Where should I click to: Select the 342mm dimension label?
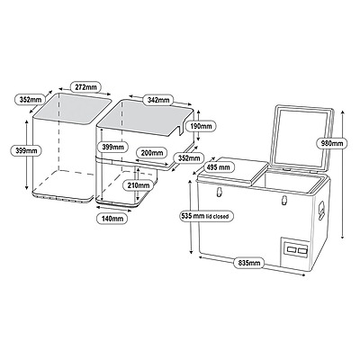[x=159, y=98]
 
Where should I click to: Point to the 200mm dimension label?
[x=151, y=154]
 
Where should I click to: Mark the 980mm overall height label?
[x=333, y=143]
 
